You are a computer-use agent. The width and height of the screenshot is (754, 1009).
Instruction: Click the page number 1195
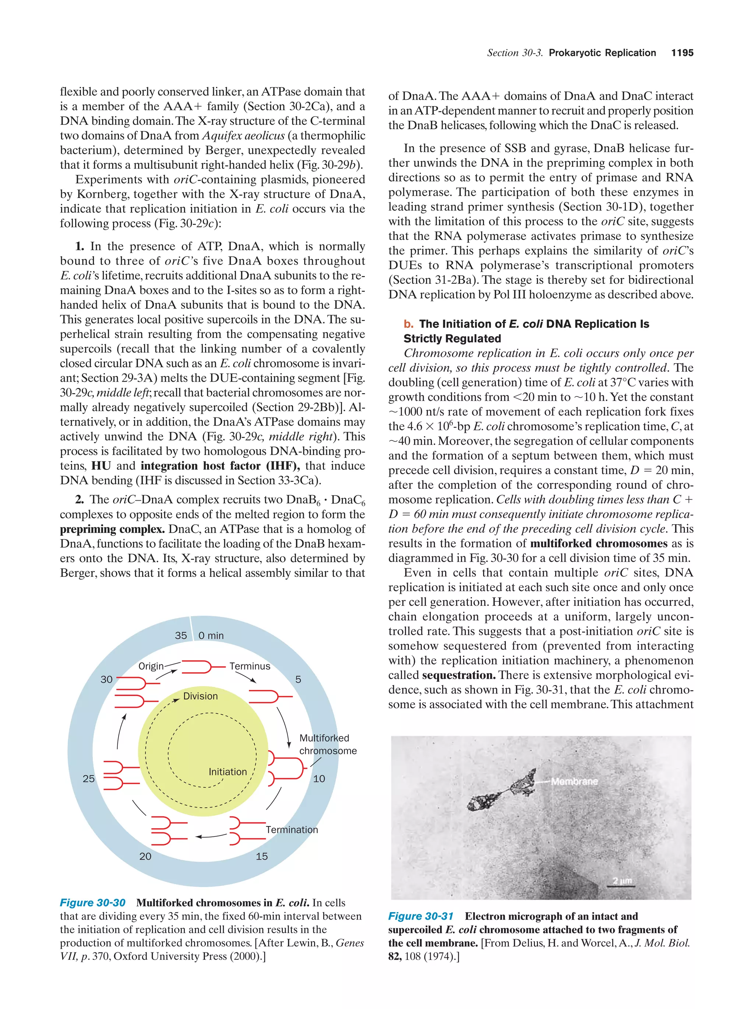[x=682, y=53]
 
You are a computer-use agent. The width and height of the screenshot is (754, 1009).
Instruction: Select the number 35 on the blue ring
[x=181, y=635]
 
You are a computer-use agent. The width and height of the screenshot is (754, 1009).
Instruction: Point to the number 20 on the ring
[x=145, y=856]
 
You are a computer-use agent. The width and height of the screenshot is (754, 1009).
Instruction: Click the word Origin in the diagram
[x=151, y=666]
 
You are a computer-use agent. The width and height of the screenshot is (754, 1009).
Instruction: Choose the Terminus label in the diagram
[x=250, y=666]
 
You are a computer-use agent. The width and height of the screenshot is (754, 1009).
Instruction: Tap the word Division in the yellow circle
[x=200, y=696]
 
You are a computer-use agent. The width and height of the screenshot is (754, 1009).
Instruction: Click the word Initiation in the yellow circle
[x=227, y=772]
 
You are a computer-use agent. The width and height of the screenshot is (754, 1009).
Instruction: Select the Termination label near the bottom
[x=292, y=830]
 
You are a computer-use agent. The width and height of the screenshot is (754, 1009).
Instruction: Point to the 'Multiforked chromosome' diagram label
[x=328, y=744]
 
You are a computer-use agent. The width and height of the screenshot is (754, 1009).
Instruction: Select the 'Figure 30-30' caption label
[x=93, y=903]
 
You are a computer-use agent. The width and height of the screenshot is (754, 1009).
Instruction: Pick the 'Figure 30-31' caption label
[x=420, y=916]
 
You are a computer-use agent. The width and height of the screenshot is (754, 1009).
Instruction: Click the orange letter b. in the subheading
[x=408, y=324]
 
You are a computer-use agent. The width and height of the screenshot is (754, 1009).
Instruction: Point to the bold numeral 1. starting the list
[x=80, y=246]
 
